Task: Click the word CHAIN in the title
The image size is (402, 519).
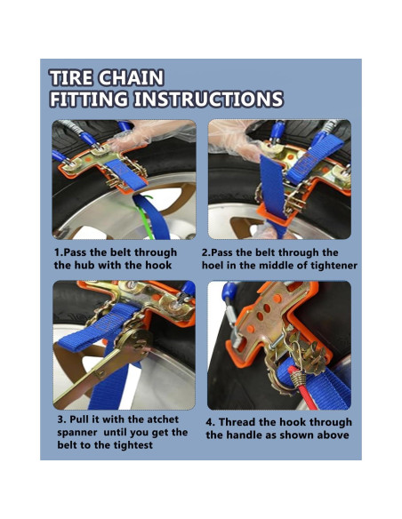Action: [132, 78]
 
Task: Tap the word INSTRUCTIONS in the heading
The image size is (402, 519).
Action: [208, 99]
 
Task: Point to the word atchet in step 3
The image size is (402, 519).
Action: [163, 419]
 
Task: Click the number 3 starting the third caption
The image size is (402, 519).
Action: [61, 419]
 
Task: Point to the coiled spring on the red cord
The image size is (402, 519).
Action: [296, 377]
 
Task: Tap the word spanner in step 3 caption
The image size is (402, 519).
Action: [77, 433]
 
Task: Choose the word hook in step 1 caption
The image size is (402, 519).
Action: [160, 265]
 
